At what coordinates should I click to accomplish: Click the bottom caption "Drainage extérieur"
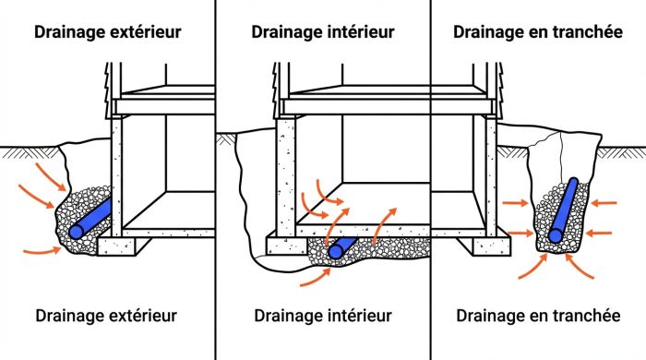point(107,316)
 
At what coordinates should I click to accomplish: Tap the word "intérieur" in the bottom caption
point(363,316)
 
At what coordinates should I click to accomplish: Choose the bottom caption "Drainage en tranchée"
point(538,316)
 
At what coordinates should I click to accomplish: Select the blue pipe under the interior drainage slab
point(342,246)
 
